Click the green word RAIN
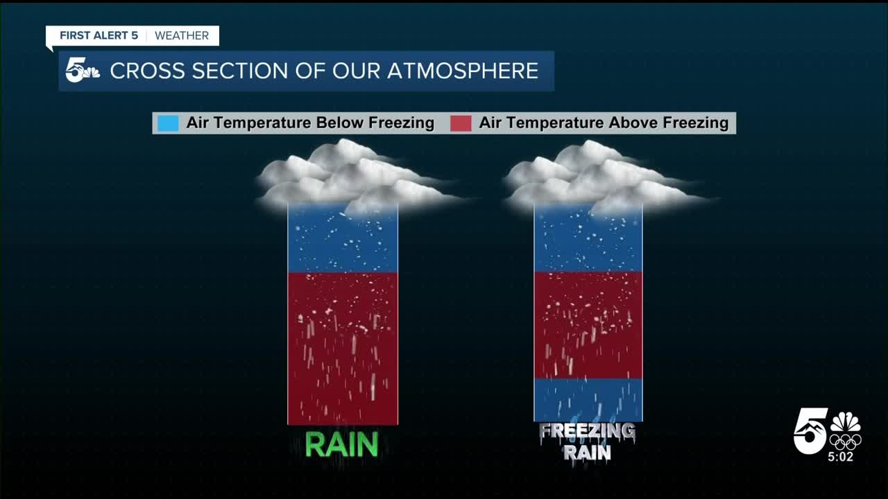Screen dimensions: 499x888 [x=341, y=445]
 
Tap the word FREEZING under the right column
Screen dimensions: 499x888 [x=587, y=432]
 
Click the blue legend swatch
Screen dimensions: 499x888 [x=168, y=123]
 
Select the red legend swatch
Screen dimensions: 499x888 [x=461, y=123]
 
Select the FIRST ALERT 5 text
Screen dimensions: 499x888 [x=99, y=36]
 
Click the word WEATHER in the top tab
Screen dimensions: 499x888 [x=182, y=36]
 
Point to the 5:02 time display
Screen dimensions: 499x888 [x=840, y=457]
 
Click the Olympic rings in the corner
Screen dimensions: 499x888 [x=845, y=441]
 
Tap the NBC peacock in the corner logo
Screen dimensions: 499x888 [x=846, y=422]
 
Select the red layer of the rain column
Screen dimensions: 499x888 [x=343, y=347]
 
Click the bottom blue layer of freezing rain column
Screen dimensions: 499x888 [x=588, y=400]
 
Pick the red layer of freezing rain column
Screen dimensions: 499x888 [x=588, y=324]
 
